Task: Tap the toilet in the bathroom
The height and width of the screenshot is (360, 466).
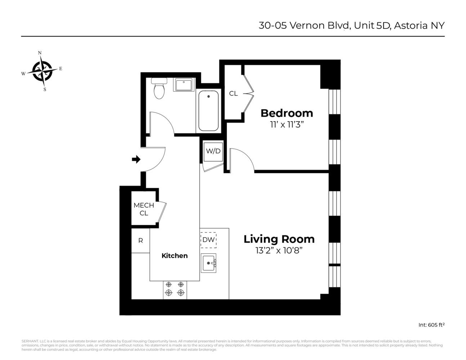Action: coord(158,88)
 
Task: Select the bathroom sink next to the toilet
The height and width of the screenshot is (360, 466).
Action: coord(184,85)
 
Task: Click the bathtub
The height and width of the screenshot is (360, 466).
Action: coord(208,111)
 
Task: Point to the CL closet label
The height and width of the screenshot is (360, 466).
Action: coord(233,94)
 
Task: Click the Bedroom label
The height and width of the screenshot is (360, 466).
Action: coord(287,113)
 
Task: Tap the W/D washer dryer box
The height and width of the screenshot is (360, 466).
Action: coord(213,151)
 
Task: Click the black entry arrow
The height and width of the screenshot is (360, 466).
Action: coord(136,159)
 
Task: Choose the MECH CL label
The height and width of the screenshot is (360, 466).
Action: coord(144,209)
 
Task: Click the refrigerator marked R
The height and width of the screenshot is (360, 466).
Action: coord(140,240)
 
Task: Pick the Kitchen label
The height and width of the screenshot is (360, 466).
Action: coord(174,256)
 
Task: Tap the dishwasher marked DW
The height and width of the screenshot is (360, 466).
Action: coord(208,240)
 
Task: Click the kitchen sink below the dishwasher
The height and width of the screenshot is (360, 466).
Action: coord(208,263)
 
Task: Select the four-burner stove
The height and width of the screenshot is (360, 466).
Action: coord(175,289)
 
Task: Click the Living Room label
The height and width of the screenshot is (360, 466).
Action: coord(279,239)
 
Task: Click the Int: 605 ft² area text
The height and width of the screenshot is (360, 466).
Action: coord(431,325)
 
